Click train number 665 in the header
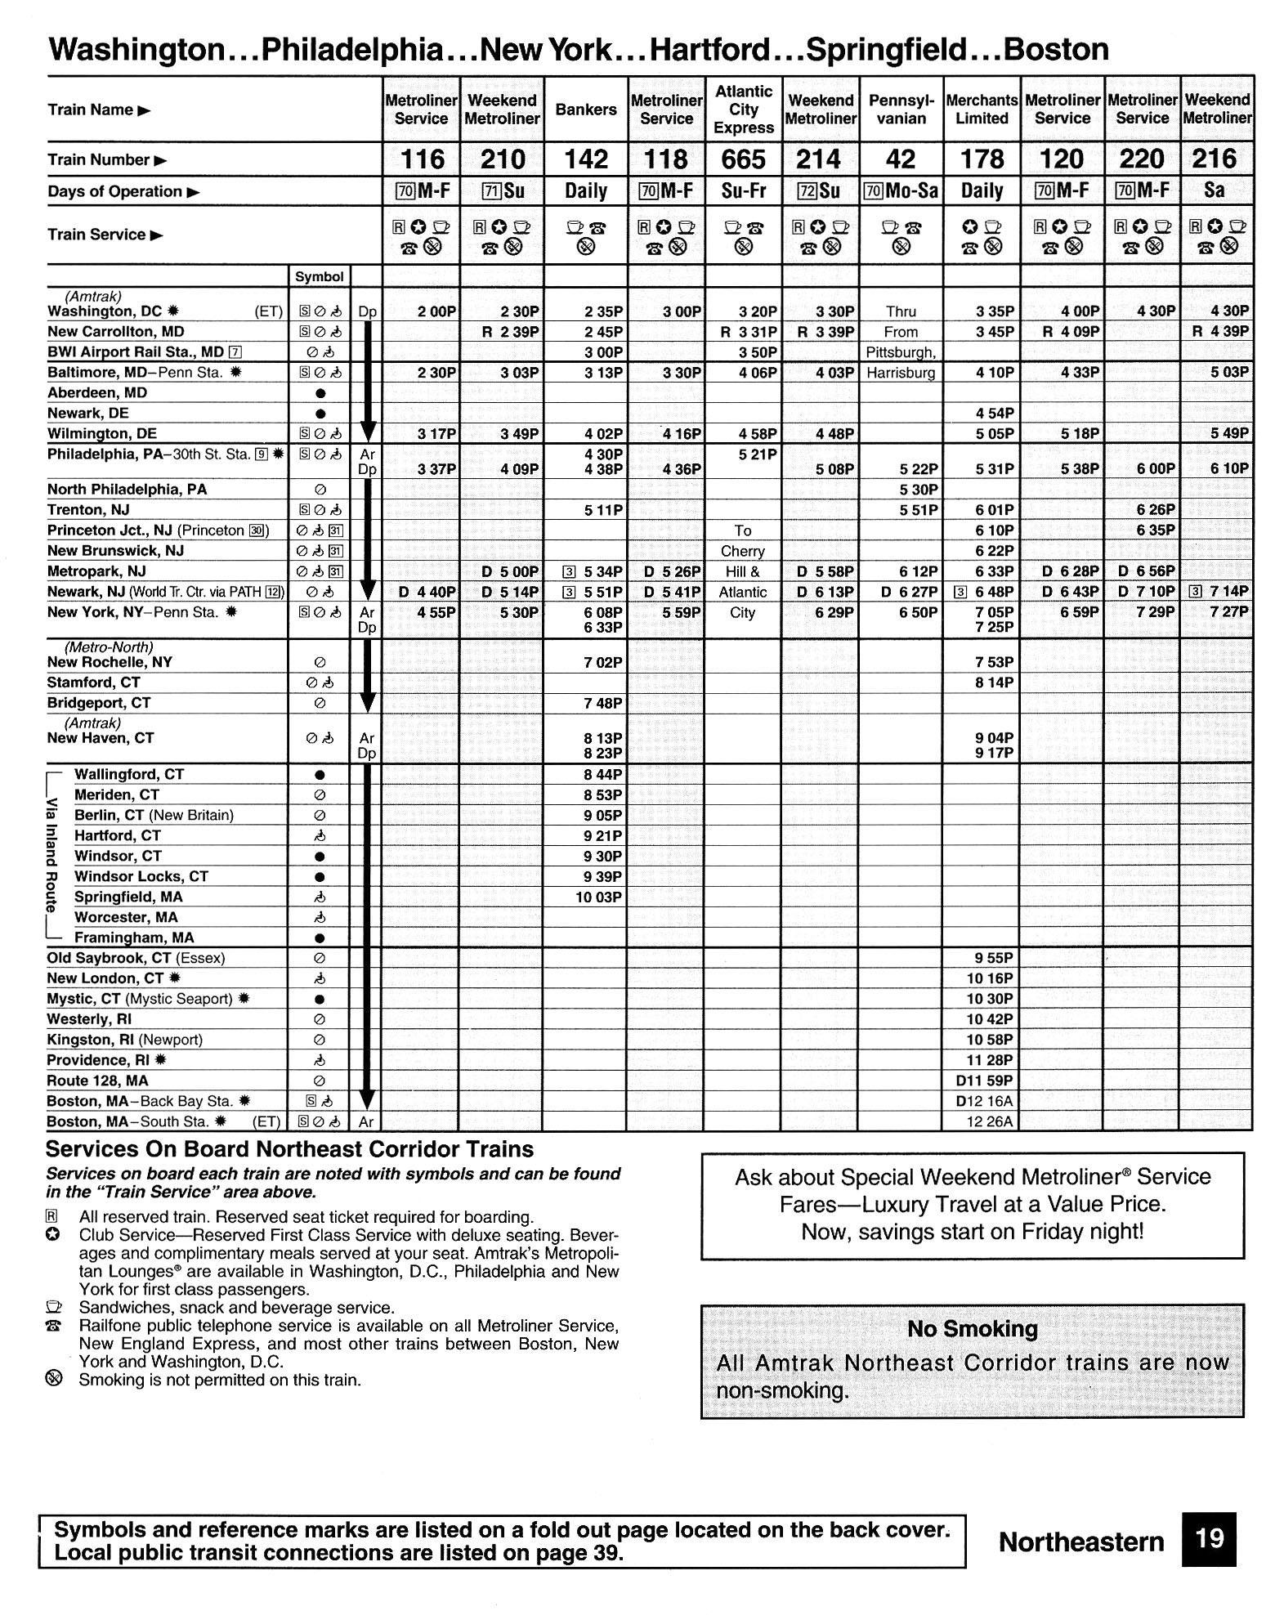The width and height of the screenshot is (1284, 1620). (x=743, y=159)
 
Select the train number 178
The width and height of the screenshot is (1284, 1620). (x=982, y=159)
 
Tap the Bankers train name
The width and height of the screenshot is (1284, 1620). (x=585, y=110)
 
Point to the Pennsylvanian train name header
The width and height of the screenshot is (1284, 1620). (x=901, y=110)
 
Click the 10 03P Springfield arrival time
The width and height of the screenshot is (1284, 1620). (x=599, y=897)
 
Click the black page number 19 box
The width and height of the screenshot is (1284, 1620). (x=1208, y=1538)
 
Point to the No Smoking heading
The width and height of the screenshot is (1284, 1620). (x=972, y=1329)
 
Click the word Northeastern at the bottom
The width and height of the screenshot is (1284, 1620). (x=1080, y=1542)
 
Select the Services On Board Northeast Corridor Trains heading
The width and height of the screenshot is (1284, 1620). (x=289, y=1149)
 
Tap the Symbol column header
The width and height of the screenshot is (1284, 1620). (x=319, y=277)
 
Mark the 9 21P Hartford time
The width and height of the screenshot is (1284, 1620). (x=603, y=836)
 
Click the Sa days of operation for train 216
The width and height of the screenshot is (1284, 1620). (x=1215, y=191)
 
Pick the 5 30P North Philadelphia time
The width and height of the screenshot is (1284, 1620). (x=916, y=490)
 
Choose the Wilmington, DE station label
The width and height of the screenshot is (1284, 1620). (x=102, y=433)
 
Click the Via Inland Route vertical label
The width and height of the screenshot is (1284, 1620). (x=52, y=855)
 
